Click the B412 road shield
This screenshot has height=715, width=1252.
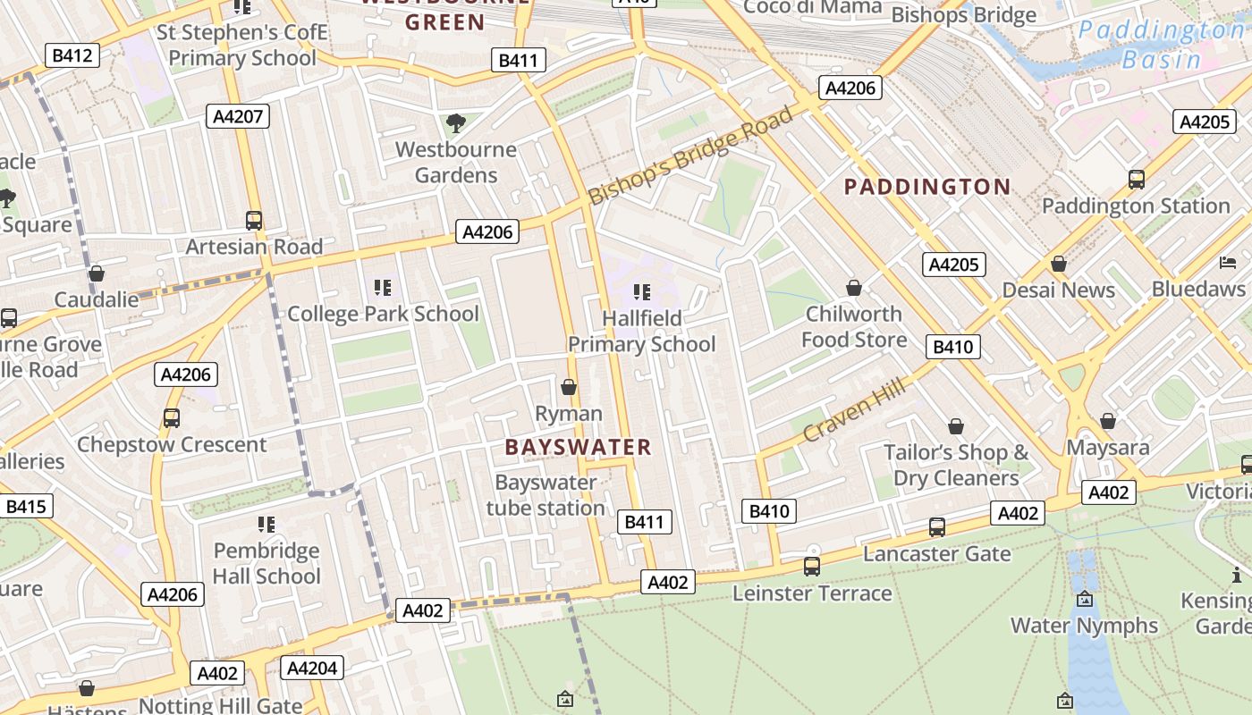[72, 55]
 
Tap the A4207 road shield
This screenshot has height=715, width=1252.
[237, 115]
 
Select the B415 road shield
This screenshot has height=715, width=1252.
[25, 507]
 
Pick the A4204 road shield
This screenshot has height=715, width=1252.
[312, 668]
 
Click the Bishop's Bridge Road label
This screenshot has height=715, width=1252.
[690, 155]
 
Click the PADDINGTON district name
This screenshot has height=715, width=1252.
[927, 187]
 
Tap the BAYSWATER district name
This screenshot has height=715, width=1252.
[579, 447]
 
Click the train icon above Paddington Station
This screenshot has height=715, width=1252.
[1136, 180]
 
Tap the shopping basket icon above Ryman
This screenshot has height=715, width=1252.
[569, 387]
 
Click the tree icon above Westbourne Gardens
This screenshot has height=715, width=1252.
[456, 122]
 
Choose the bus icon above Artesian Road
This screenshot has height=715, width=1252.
[254, 221]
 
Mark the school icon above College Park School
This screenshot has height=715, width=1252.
[383, 288]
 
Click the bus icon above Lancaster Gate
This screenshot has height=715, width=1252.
[936, 527]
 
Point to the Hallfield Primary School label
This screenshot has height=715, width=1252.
[642, 331]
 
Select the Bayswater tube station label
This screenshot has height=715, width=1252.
[546, 495]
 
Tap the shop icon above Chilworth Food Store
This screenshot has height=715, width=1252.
[854, 288]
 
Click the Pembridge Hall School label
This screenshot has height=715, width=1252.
[266, 563]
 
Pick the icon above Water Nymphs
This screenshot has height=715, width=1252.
[1085, 599]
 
